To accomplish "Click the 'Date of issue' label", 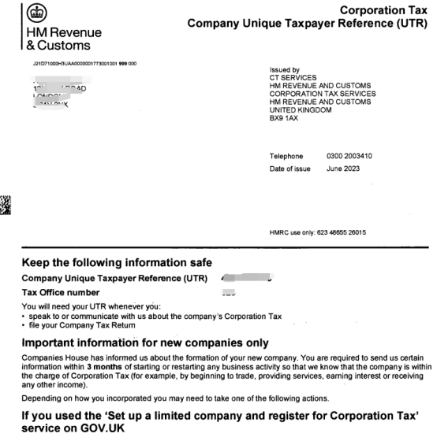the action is [x=289, y=169].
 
